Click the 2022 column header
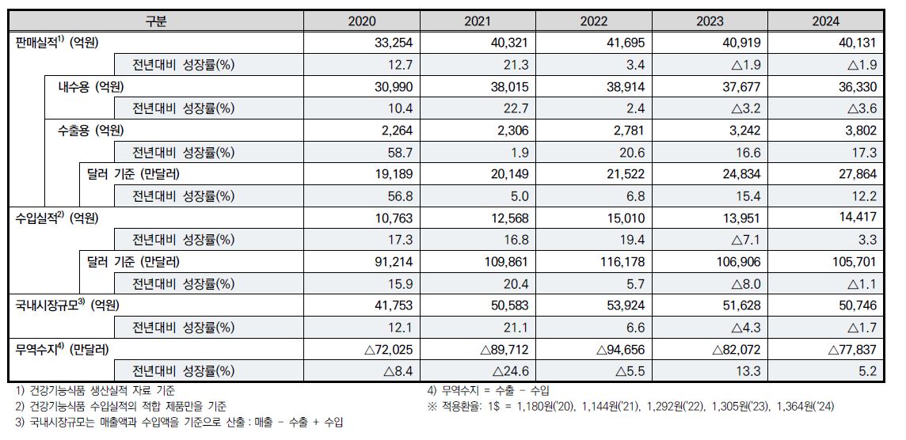point(594,21)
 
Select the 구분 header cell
point(156,21)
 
